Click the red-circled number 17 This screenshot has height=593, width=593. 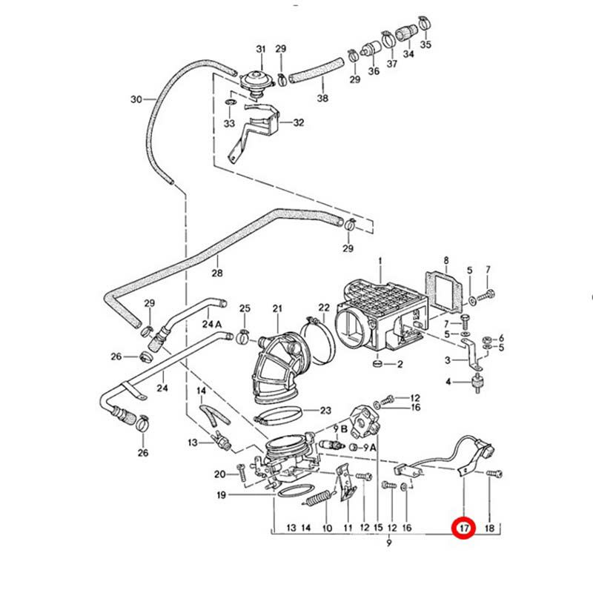pyautogui.click(x=463, y=529)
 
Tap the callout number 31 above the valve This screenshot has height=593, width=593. pyautogui.click(x=261, y=49)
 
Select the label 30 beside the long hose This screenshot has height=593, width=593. pyautogui.click(x=136, y=100)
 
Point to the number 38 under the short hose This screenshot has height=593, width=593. pyautogui.click(x=322, y=98)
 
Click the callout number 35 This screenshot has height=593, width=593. pyautogui.click(x=425, y=44)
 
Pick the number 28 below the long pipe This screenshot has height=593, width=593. pyautogui.click(x=216, y=274)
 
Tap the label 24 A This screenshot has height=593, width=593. pyautogui.click(x=212, y=325)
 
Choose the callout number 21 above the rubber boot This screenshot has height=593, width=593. pyautogui.click(x=278, y=308)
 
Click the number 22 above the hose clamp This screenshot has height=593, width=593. pyautogui.click(x=324, y=308)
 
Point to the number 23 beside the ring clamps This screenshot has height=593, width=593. pyautogui.click(x=325, y=410)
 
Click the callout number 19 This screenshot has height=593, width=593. pyautogui.click(x=221, y=495)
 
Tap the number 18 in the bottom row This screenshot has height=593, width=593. pyautogui.click(x=488, y=529)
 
